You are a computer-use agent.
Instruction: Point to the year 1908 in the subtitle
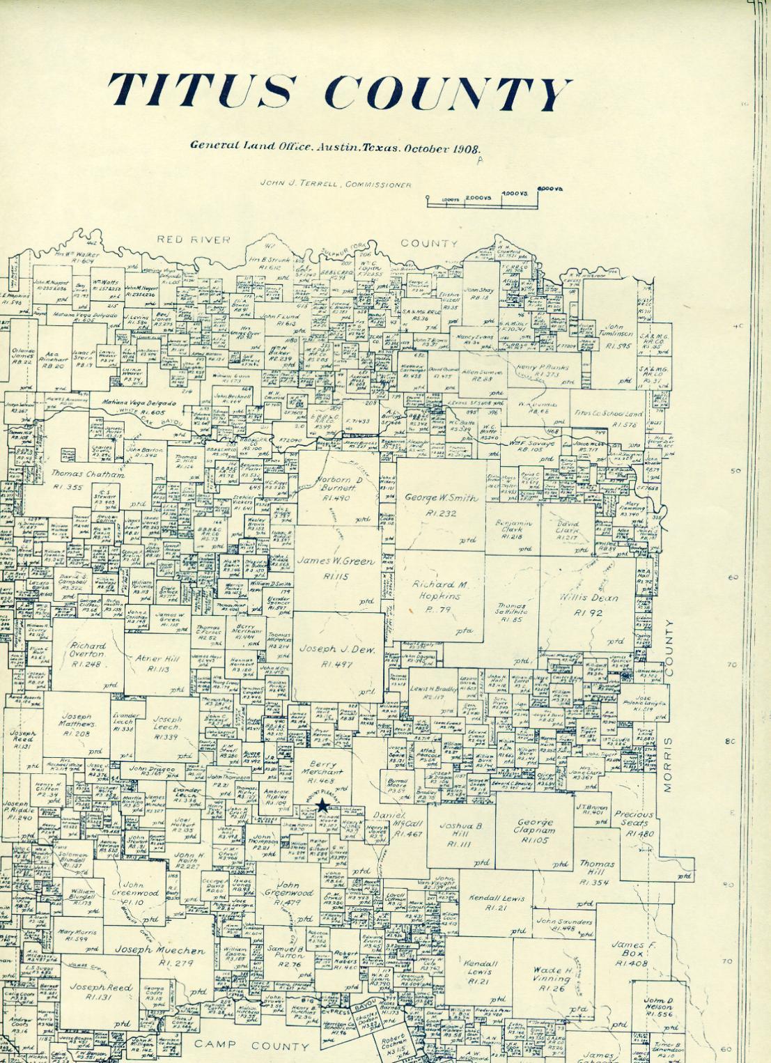coord(463,148)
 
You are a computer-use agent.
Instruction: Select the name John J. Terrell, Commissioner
coord(334,185)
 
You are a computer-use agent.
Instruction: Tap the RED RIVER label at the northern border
coord(193,240)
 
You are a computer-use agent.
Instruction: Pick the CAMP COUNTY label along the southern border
coord(251,1046)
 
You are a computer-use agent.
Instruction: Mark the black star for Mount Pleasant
coord(322,806)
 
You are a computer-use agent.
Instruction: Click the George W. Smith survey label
coord(442,499)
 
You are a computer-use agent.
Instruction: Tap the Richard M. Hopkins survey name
coord(440,590)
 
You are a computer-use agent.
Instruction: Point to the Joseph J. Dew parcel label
coord(337,649)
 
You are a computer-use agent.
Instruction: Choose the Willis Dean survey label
coord(588,598)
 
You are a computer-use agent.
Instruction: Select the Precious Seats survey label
coord(633,818)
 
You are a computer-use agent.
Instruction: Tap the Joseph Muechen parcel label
coord(159,950)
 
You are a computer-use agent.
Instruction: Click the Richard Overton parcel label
coord(87,651)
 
